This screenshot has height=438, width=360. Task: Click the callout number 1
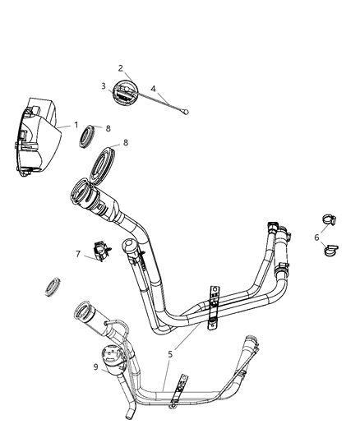click(x=76, y=126)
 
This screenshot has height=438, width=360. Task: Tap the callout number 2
click(x=121, y=68)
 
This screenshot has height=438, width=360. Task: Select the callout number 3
click(x=104, y=85)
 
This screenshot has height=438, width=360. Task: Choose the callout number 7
click(x=79, y=255)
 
